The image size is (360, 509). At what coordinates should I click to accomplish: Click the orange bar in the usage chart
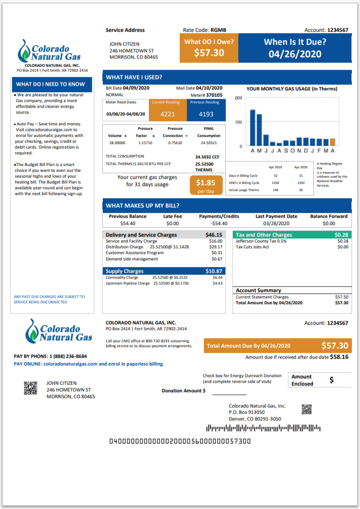coord(332,142)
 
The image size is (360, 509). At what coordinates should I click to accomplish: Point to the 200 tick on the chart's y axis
coord(238,98)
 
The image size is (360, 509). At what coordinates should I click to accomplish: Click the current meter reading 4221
coord(168,114)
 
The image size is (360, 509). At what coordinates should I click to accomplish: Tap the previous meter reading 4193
coord(206,114)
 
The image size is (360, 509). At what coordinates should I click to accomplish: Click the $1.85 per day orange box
coord(206,185)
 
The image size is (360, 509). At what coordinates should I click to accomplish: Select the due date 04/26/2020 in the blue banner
coord(295,54)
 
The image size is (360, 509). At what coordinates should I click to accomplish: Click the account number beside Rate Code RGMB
coord(338,30)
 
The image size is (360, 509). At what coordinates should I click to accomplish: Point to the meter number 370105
coord(213,95)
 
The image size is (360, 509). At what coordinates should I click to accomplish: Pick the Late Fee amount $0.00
coord(172,223)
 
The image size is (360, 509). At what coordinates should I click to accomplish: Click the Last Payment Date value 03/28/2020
coord(276,223)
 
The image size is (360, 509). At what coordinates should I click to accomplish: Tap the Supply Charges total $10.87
coord(213,271)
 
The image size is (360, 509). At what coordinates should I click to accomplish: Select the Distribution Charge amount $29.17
coord(216,247)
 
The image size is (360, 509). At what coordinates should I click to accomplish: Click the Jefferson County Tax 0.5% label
coord(261,241)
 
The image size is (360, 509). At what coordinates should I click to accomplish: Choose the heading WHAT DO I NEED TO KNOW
coord(51,84)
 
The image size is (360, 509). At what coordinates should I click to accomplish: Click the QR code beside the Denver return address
coord(306,409)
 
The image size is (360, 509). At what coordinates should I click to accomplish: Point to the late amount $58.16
coord(339,357)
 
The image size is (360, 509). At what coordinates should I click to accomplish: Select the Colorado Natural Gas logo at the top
coord(50,52)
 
